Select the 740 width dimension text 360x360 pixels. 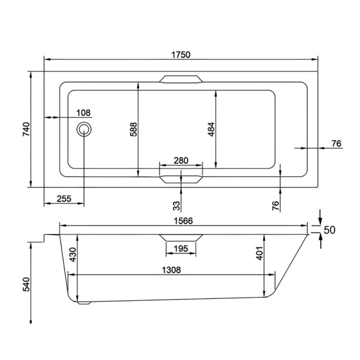[x=26, y=130]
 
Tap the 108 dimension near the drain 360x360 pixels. [x=83, y=112]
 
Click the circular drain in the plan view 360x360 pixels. [x=84, y=130]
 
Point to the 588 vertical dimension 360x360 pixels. [x=133, y=130]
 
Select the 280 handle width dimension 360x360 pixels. [x=180, y=161]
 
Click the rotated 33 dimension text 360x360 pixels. [x=176, y=206]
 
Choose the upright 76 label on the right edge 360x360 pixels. [x=336, y=144]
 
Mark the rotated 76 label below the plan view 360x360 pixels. [x=275, y=206]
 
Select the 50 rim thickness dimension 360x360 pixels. [x=329, y=230]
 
